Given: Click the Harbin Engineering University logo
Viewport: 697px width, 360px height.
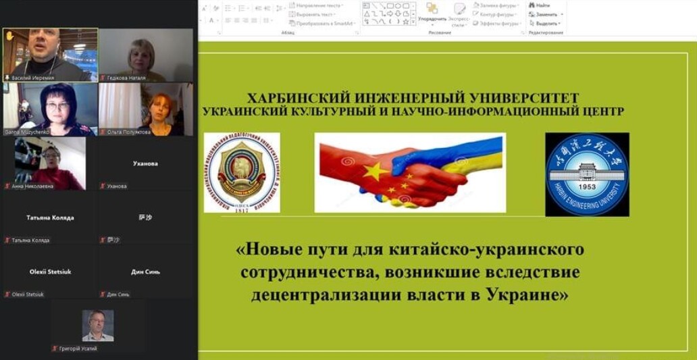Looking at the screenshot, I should click(x=587, y=174).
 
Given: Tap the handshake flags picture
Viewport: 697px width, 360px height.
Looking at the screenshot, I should click(x=410, y=172).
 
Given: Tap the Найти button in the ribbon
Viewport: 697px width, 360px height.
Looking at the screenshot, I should click(x=542, y=5).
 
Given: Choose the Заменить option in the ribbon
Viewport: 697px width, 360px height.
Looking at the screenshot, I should click(x=546, y=14).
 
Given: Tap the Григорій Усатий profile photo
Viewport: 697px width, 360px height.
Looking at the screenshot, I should click(x=98, y=325).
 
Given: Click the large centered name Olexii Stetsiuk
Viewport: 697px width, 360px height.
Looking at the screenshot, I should click(x=50, y=272).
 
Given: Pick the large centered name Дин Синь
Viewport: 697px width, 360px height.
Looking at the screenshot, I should click(x=145, y=272).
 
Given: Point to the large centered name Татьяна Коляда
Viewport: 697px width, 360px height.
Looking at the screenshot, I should click(x=50, y=217).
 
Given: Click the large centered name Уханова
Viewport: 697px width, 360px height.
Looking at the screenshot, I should click(x=145, y=163).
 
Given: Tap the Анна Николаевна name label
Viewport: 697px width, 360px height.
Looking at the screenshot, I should click(x=34, y=186).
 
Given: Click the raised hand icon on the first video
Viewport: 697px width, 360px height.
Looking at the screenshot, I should click(x=10, y=36).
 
